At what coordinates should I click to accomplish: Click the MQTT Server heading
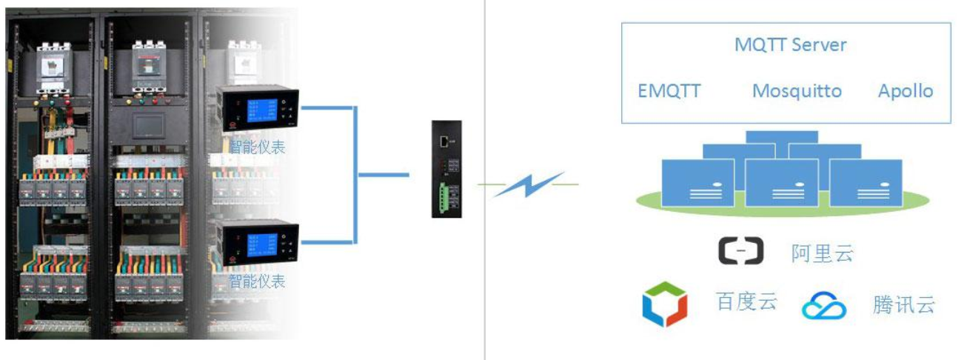[x=790, y=44]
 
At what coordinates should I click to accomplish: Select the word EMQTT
[x=669, y=91]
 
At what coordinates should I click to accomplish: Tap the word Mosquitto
[x=797, y=91]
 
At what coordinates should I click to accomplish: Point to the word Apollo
[x=905, y=91]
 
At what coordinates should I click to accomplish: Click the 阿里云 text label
[x=822, y=253]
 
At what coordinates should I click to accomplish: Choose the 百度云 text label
[x=746, y=301]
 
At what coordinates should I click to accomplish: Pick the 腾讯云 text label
[x=903, y=304]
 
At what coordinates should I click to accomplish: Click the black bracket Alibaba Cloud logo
[x=740, y=251]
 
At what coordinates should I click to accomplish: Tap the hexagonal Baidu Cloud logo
[x=664, y=304]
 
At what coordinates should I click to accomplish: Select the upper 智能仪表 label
[x=257, y=147]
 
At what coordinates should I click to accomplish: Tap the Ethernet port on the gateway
[x=443, y=139]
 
